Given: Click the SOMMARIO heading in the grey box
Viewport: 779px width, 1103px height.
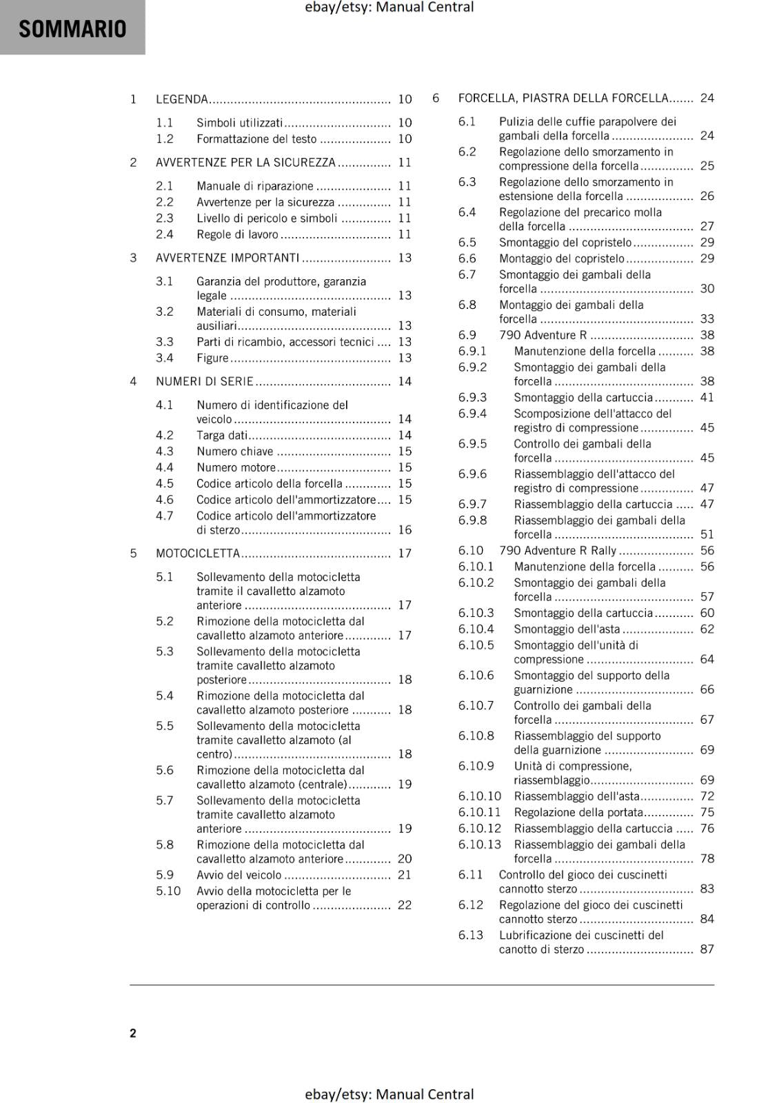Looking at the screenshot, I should pos(72,29).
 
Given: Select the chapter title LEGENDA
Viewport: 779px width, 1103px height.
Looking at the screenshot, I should pos(182,99).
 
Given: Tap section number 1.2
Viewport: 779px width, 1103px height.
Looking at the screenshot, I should pos(164,139).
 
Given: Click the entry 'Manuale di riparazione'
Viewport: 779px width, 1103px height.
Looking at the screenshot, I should pos(255,186).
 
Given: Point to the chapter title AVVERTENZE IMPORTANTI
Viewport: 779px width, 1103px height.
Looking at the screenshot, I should pos(227,258).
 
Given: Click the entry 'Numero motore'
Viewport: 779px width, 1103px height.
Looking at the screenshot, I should pos(236,467).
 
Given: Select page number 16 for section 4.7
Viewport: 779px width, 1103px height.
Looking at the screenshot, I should pos(405,530).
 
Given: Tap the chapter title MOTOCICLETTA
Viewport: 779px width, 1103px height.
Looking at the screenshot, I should pos(198,554).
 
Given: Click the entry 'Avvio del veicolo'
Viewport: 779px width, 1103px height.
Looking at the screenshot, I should pos(239,875).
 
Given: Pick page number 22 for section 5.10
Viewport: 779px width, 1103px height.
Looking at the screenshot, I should pos(405,905).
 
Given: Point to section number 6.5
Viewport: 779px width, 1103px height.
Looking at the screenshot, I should pos(467,242).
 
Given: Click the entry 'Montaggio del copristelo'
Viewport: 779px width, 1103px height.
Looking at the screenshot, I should pos(562,259).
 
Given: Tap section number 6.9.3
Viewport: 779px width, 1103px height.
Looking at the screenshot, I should pos(472,397).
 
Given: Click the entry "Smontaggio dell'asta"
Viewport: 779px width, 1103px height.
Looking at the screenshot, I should pos(567,629).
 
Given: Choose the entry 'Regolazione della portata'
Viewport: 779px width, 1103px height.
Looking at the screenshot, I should pos(578,812).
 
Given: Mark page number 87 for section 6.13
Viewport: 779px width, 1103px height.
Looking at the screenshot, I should pos(707,949).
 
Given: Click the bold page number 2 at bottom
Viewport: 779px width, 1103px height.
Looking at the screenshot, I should pos(133,1033).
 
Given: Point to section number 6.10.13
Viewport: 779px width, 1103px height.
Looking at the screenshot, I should pos(480,844).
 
